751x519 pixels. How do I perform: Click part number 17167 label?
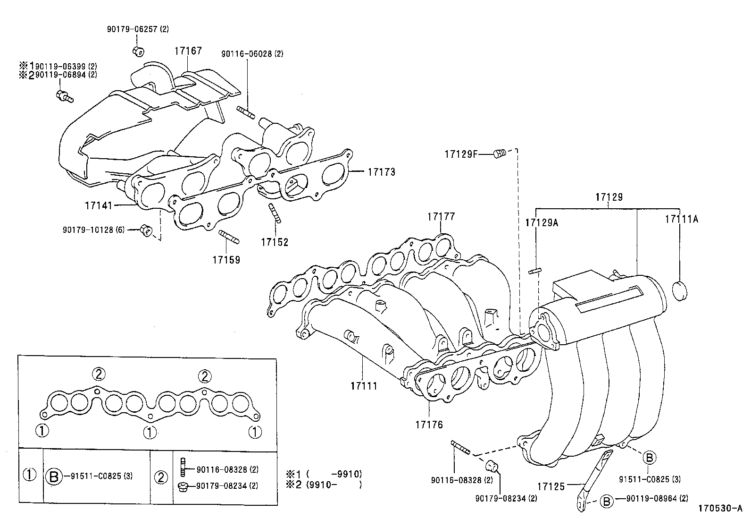(x=188, y=51)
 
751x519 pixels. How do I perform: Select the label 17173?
(x=381, y=172)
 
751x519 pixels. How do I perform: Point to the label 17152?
(x=275, y=242)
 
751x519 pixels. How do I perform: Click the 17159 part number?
(x=226, y=260)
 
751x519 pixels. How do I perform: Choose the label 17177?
(x=441, y=217)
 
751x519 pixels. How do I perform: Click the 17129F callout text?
(x=461, y=153)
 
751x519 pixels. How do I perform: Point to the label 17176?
(x=429, y=425)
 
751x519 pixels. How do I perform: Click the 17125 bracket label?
(x=551, y=486)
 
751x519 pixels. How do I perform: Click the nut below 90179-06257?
(x=138, y=50)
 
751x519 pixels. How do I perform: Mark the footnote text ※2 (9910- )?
(x=324, y=484)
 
